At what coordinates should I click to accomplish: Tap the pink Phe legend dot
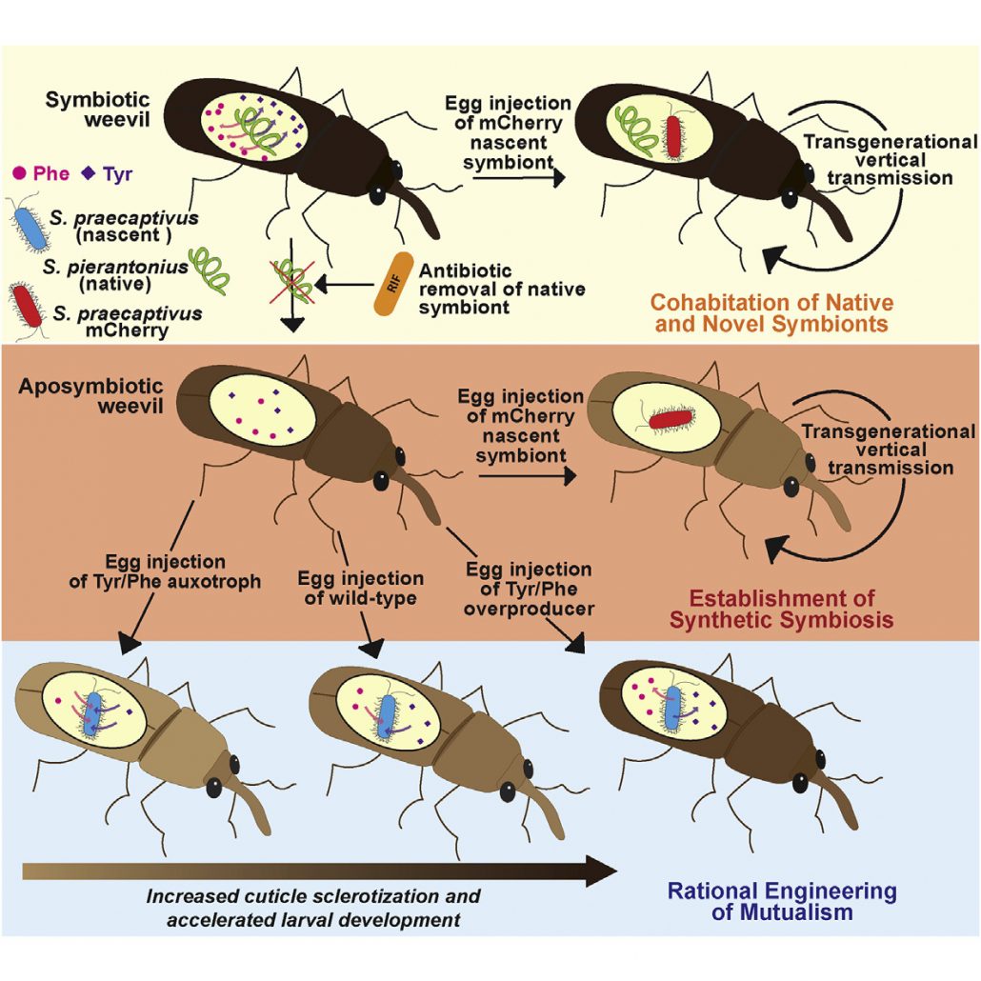coord(19,174)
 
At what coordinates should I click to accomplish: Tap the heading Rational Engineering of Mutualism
coord(781,901)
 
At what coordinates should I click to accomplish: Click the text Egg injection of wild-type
coord(360,589)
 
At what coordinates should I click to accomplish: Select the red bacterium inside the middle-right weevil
coord(672,419)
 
